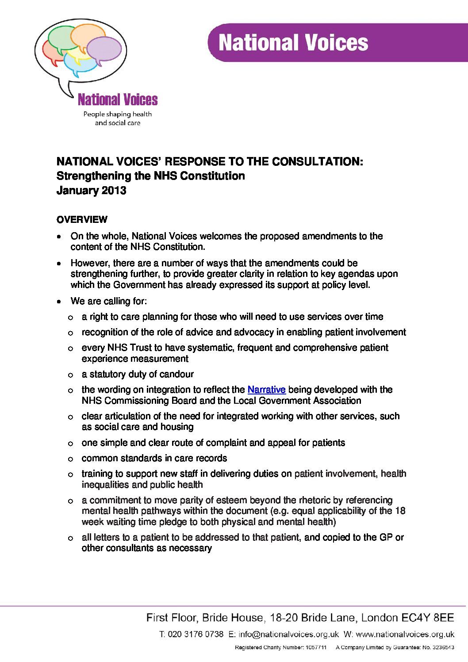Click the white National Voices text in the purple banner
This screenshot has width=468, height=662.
click(x=294, y=43)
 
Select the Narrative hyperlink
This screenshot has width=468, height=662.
click(x=266, y=390)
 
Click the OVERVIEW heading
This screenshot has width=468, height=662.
click(x=81, y=219)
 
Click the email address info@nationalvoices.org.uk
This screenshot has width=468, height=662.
click(x=288, y=634)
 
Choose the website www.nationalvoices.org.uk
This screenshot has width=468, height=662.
click(x=405, y=634)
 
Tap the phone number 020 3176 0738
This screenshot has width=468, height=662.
click(x=196, y=634)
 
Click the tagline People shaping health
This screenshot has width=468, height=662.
click(x=118, y=114)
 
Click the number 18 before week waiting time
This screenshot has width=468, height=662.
click(x=400, y=511)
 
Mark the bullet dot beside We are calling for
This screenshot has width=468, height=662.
click(x=59, y=302)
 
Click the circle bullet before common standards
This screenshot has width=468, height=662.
click(x=70, y=459)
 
